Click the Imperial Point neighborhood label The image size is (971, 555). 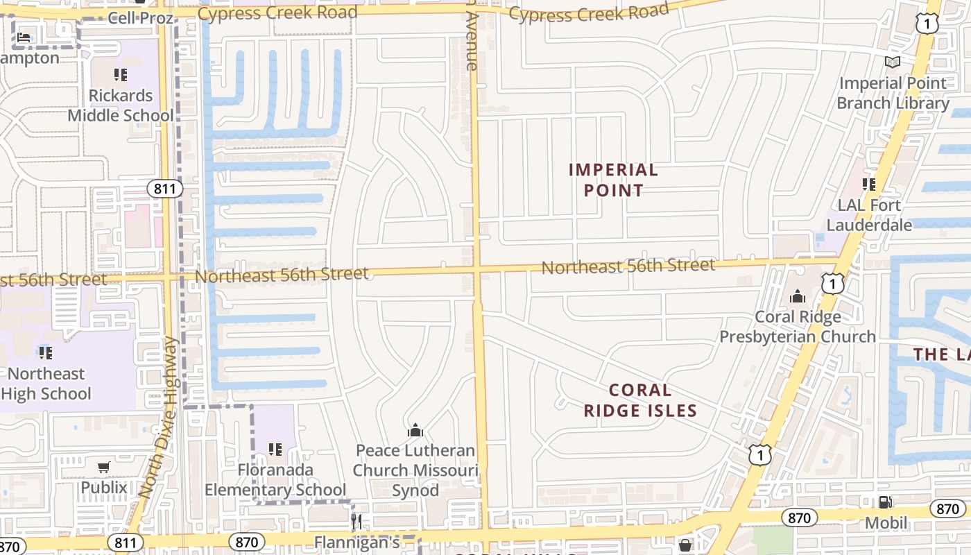click(613, 180)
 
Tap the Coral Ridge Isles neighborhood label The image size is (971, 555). click(640, 400)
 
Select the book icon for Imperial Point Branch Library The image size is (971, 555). click(893, 62)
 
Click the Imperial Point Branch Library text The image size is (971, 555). click(893, 93)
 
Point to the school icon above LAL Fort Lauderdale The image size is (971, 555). click(868, 185)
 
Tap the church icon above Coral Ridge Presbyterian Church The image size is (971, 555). click(798, 297)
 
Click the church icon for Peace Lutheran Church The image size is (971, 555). click(415, 431)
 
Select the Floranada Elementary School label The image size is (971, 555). click(275, 479)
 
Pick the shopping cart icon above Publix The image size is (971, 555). click(104, 468)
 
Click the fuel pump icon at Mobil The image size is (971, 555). click(885, 502)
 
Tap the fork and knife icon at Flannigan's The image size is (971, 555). click(356, 521)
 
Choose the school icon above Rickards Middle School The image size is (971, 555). click(121, 74)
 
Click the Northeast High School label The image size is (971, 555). click(46, 384)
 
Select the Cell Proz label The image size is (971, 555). click(141, 17)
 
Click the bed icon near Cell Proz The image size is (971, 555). click(24, 37)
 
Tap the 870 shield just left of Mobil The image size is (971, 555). click(800, 517)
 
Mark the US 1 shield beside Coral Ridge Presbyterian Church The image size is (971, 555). click(833, 282)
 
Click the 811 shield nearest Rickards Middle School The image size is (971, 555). click(164, 189)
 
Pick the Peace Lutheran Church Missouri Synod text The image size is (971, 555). click(415, 470)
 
